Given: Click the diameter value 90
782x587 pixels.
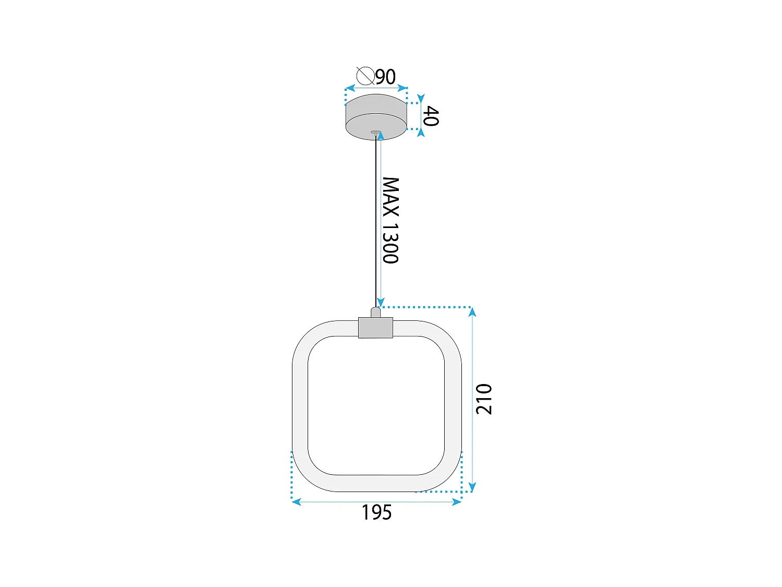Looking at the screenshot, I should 386,77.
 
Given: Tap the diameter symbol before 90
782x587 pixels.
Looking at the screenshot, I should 365,76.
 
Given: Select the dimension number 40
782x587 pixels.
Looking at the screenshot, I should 431,116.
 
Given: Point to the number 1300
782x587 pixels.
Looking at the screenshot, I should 390,243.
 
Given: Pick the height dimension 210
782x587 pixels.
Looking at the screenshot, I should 484,399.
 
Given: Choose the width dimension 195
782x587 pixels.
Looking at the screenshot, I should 376,512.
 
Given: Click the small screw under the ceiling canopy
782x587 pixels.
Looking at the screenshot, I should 375,133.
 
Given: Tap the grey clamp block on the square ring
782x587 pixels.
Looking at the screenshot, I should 375,328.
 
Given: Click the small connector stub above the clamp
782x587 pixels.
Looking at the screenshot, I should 375,313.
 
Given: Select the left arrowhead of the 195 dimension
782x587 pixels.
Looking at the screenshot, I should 296,502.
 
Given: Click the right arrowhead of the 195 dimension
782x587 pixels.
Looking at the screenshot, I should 457,502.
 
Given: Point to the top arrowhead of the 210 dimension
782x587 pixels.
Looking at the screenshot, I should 472,312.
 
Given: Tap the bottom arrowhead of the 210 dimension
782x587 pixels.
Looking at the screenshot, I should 472,487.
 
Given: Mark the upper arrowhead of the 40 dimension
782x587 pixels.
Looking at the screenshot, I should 421,99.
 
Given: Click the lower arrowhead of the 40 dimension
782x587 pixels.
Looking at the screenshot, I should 421,133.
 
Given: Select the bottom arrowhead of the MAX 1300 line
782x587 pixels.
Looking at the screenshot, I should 381,302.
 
